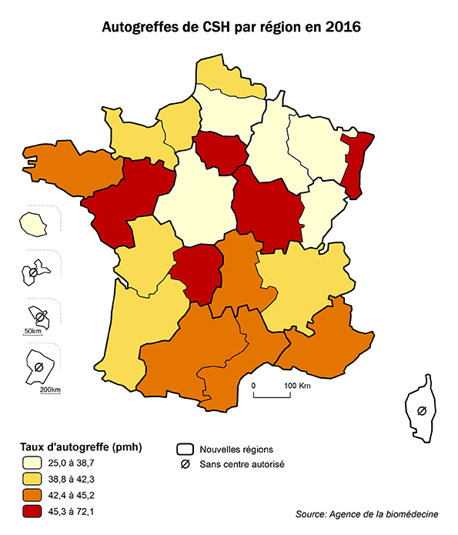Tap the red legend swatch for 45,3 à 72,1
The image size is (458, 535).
point(32,510)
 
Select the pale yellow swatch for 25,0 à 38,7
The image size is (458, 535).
point(32,463)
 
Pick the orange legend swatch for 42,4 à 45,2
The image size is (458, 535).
point(32,495)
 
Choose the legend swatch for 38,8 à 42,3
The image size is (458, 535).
point(32,479)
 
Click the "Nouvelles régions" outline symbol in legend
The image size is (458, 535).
point(184,449)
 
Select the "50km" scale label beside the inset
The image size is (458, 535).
point(32,331)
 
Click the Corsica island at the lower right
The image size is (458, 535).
point(420,408)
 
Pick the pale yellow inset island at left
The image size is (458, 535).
point(33,224)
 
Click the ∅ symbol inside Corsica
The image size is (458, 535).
point(421,410)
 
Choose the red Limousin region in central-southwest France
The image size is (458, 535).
point(195,272)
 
